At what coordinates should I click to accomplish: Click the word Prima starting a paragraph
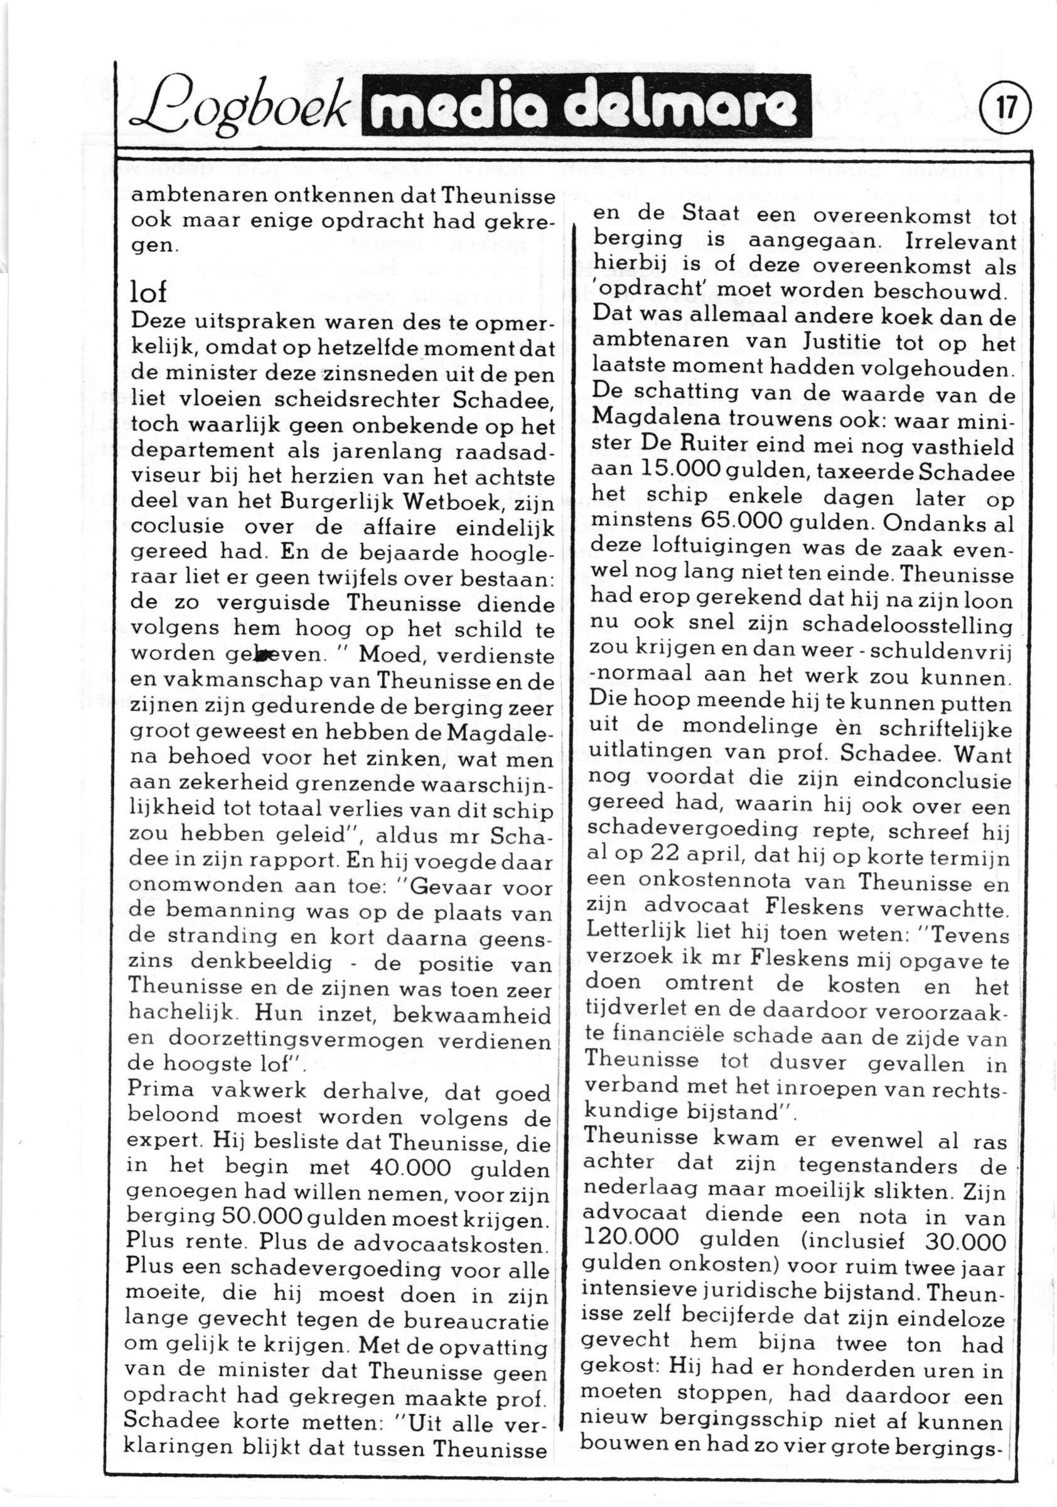coord(161,1088)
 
